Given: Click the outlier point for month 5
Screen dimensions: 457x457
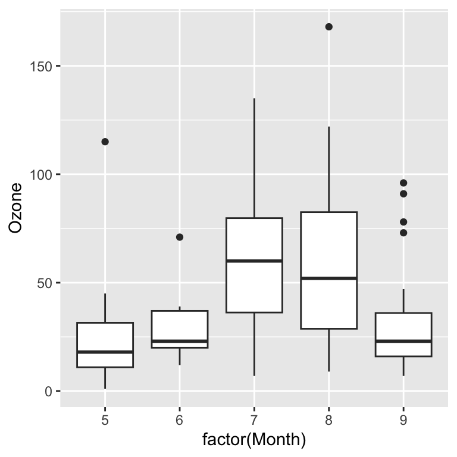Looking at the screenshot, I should tap(105, 142).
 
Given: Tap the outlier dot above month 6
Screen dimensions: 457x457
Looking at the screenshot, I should tap(180, 237).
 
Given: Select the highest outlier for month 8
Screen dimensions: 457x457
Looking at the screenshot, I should tap(328, 27).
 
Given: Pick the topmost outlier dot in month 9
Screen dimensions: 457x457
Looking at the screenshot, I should tap(403, 183).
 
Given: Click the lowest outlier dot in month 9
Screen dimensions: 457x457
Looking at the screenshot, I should tap(403, 233).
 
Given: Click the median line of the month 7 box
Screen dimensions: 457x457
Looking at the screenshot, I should tap(254, 261).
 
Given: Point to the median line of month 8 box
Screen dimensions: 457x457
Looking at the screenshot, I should tap(328, 278).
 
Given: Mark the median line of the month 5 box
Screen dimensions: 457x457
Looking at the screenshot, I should tap(105, 352).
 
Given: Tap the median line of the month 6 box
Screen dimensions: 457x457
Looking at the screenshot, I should tap(180, 341).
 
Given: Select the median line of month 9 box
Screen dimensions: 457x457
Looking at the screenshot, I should tap(403, 341).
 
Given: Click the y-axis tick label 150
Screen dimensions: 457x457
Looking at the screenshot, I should tap(40, 66).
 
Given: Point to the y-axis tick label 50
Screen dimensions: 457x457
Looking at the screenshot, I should tap(44, 283).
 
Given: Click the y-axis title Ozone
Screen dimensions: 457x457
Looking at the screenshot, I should tap(15, 208).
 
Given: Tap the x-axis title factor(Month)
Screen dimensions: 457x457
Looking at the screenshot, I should tap(254, 441).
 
